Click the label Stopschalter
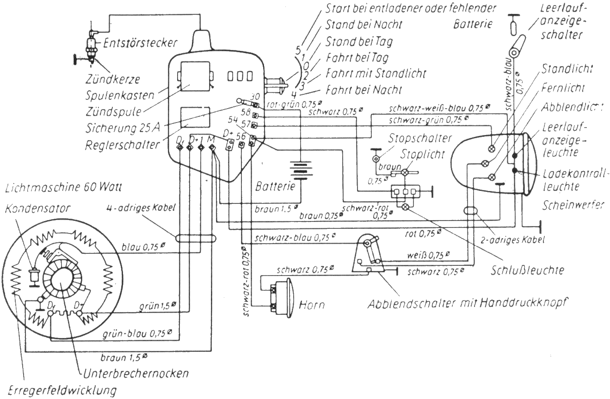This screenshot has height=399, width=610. tap(420, 138)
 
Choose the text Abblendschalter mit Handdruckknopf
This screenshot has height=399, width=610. tap(468, 304)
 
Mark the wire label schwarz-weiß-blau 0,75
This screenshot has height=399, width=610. tap(440, 108)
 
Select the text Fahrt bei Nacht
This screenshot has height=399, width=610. tap(364, 89)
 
